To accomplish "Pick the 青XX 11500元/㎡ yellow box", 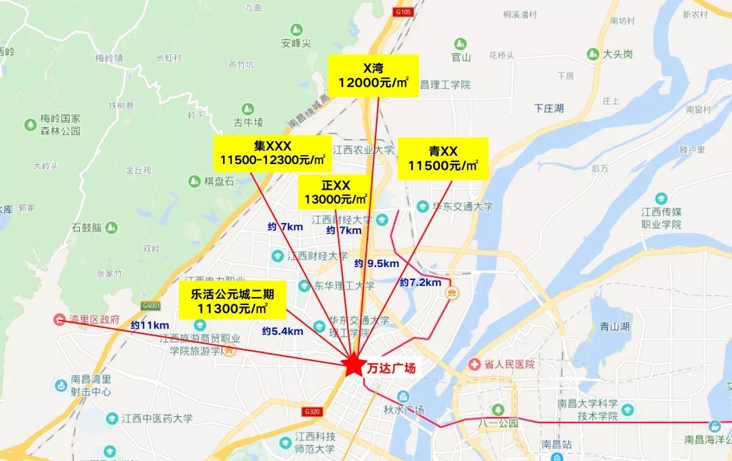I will click(x=443, y=158).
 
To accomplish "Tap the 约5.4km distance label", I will click(x=282, y=331).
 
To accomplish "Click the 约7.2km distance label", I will click(x=420, y=282).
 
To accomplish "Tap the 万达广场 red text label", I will click(x=391, y=368).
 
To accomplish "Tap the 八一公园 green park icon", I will click(x=498, y=409).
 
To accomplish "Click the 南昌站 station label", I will click(x=557, y=444).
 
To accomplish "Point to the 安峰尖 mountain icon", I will click(x=296, y=29).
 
